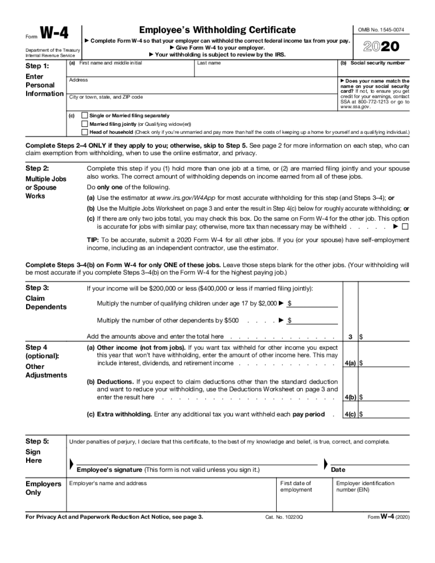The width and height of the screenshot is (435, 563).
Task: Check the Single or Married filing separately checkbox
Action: [84, 116]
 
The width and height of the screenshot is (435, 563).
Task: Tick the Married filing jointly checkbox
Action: [84, 124]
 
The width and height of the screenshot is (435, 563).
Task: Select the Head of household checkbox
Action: [84, 132]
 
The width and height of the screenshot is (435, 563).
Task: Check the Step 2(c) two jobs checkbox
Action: [405, 227]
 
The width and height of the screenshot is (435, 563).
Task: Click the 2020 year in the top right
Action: [381, 47]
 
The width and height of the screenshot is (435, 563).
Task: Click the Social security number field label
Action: [378, 63]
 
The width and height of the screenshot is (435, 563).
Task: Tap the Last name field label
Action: [209, 63]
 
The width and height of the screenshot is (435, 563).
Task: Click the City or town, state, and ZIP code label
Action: [106, 97]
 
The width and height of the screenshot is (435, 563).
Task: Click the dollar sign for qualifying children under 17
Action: [290, 303]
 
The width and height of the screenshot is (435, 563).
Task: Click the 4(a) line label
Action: [350, 363]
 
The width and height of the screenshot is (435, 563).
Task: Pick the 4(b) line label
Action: [350, 397]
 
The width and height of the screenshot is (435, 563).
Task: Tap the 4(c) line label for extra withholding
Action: [350, 414]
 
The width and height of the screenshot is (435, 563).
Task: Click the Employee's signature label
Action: [109, 470]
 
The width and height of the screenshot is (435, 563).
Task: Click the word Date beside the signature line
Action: [338, 470]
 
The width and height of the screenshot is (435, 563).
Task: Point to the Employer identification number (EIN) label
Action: [365, 487]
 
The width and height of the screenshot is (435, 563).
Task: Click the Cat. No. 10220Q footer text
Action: [284, 517]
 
